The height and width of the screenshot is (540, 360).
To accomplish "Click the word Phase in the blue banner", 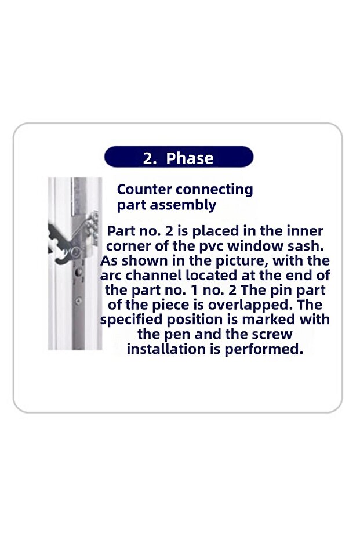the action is pos(190,158).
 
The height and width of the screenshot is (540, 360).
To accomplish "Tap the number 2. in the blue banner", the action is pos(150,158).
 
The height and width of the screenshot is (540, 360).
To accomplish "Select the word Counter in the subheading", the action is pos(144,190).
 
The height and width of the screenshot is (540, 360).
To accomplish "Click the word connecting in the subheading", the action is pos(214,190).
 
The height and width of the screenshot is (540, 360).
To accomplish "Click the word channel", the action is pos(153,276).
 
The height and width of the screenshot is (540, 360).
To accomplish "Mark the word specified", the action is pos(131,320).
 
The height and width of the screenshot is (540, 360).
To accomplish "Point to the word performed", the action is pos(264,350).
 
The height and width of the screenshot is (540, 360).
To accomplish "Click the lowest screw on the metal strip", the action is pos(78,301).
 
